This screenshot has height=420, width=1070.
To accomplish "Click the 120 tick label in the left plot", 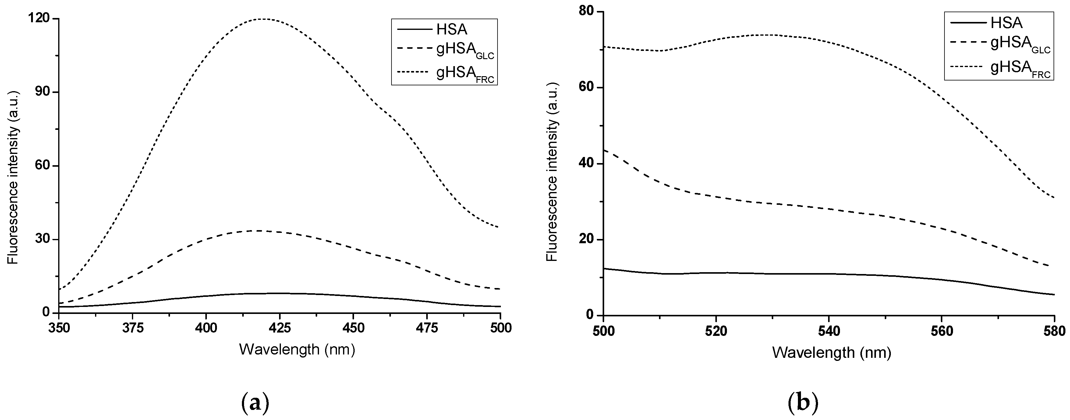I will click(x=38, y=19).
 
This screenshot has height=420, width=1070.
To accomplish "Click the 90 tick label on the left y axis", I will click(x=42, y=92).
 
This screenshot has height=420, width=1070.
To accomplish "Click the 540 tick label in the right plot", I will click(x=829, y=331).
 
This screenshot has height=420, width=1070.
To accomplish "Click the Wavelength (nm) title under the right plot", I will click(x=832, y=353).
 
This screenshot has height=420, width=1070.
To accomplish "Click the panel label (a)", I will click(x=255, y=403).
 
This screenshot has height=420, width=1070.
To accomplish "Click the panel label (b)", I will click(x=803, y=403).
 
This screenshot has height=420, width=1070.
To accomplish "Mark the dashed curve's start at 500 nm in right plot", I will click(x=604, y=150).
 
